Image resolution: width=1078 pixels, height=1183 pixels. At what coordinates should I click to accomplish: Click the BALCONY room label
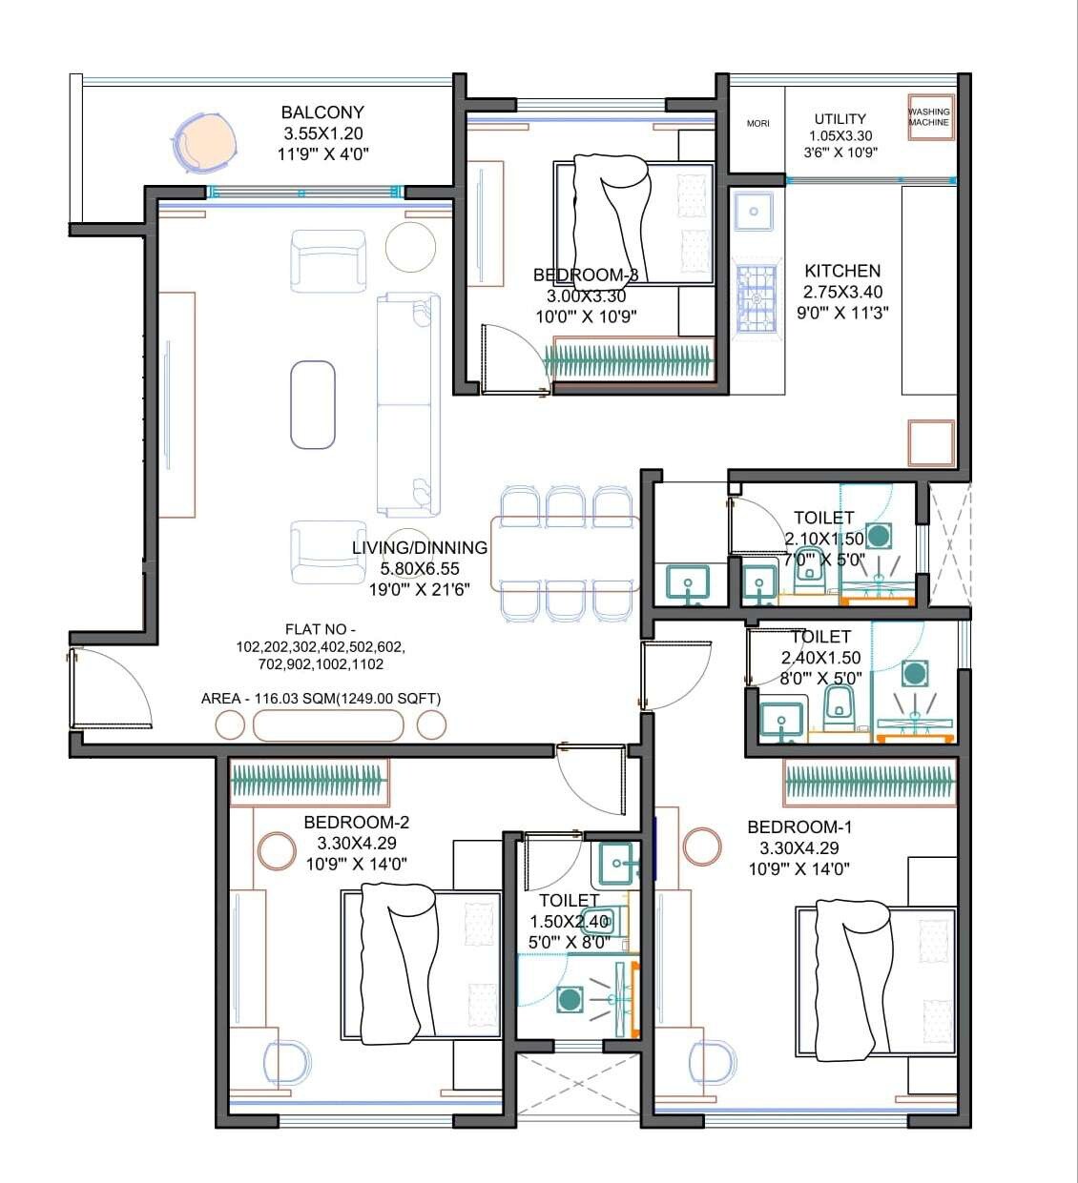click(x=322, y=112)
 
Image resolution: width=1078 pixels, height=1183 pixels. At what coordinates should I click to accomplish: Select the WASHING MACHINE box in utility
click(x=928, y=117)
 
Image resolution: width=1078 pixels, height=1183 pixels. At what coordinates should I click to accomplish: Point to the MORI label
click(x=757, y=123)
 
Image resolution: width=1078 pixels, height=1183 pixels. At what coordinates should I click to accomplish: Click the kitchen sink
click(x=755, y=211)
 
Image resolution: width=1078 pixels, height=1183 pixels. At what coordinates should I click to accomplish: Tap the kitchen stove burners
click(x=756, y=299)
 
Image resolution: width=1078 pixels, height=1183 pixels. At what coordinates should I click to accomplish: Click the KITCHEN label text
click(x=841, y=271)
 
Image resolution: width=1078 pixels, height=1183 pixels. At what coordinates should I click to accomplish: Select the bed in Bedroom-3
click(x=633, y=221)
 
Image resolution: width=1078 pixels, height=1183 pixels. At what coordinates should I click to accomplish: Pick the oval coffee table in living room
click(x=313, y=404)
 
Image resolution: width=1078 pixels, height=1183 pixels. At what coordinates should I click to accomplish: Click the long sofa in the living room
click(x=408, y=405)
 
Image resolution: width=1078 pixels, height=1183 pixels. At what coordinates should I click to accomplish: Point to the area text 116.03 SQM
click(x=321, y=699)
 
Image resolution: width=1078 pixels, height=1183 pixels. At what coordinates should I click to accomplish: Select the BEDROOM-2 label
click(x=356, y=822)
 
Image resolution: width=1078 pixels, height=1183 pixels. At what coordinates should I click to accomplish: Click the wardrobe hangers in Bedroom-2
click(x=309, y=781)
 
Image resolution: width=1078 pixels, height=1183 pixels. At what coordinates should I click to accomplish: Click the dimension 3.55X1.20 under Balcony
click(x=322, y=133)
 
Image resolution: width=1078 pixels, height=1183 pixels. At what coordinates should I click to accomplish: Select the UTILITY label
click(x=840, y=119)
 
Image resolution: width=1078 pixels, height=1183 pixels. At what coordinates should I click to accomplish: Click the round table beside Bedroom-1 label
click(x=702, y=846)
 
